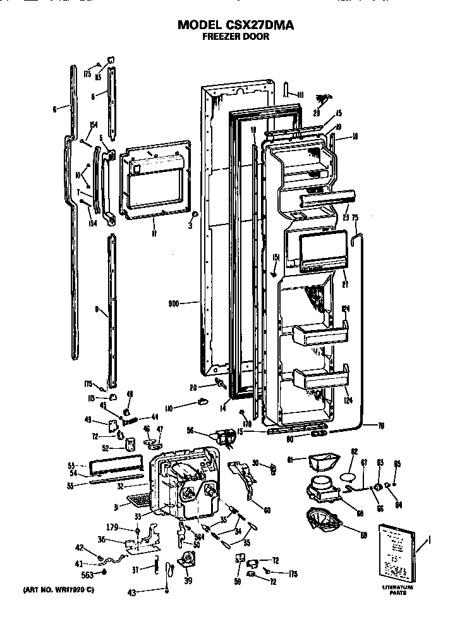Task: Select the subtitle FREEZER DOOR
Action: point(236,37)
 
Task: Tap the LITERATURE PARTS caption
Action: point(397,591)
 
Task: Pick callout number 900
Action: point(175,303)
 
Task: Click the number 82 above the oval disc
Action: point(355,451)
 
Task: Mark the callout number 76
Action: point(381,425)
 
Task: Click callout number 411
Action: point(300,95)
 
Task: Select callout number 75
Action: point(355,218)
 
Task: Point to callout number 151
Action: point(276,257)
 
